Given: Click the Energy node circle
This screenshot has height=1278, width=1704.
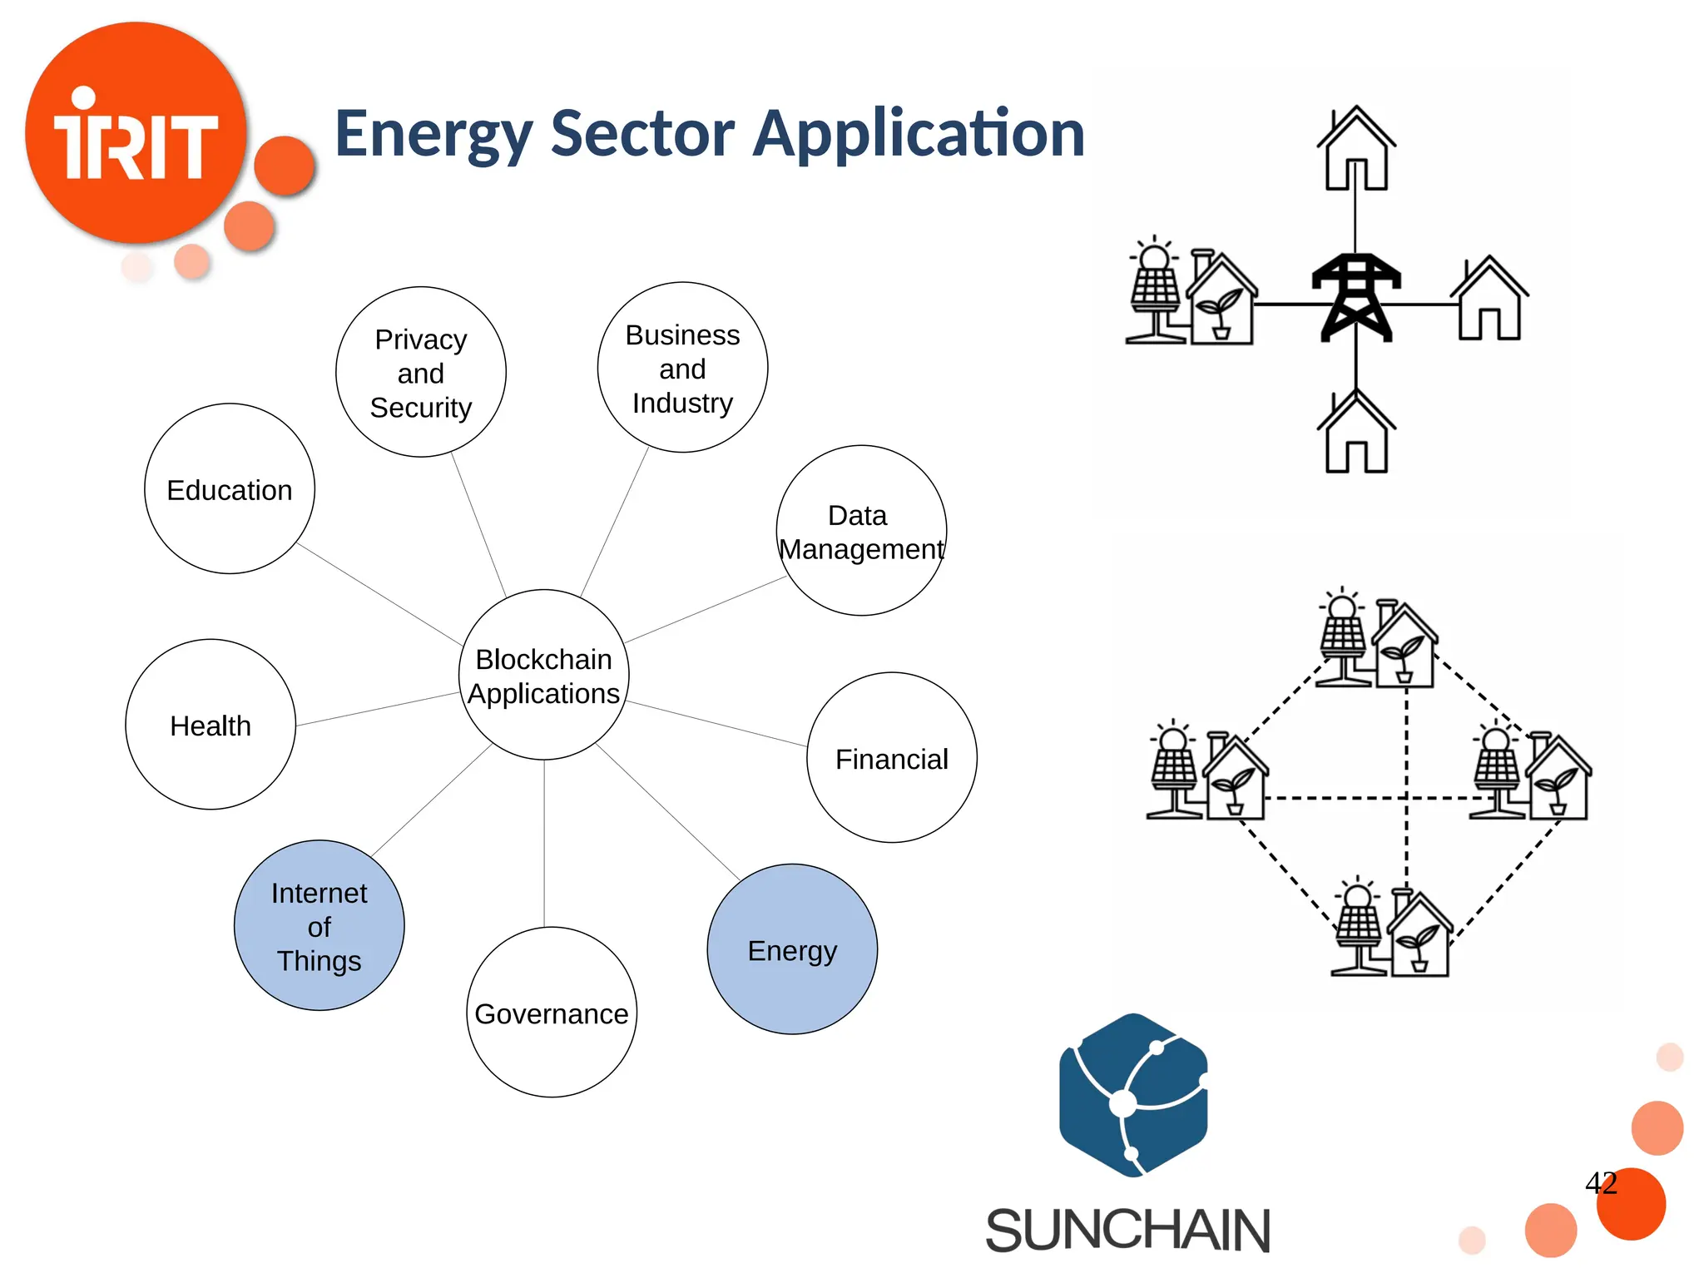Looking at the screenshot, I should point(791,949).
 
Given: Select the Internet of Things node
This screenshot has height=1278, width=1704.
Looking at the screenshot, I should point(319,925).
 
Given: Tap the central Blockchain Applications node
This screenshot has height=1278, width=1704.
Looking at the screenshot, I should point(543,675).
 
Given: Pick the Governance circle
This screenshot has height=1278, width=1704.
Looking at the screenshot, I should point(551,1012).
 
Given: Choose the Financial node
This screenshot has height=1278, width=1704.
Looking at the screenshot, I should point(891,758).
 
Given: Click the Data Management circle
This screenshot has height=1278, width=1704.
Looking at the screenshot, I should point(861,531).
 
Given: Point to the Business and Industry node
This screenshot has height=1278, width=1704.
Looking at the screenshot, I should point(682,368).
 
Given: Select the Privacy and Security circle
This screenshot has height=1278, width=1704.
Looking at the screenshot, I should point(420,372).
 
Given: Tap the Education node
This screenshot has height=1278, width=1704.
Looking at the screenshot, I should point(230,489).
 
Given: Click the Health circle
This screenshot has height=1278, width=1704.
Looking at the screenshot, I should point(211,725).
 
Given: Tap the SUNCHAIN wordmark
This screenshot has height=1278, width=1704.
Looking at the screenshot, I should point(1127,1231).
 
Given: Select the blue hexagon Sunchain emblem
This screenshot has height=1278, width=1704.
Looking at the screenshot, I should point(1132,1095).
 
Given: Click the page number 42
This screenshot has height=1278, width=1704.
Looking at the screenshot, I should point(1601,1182).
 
